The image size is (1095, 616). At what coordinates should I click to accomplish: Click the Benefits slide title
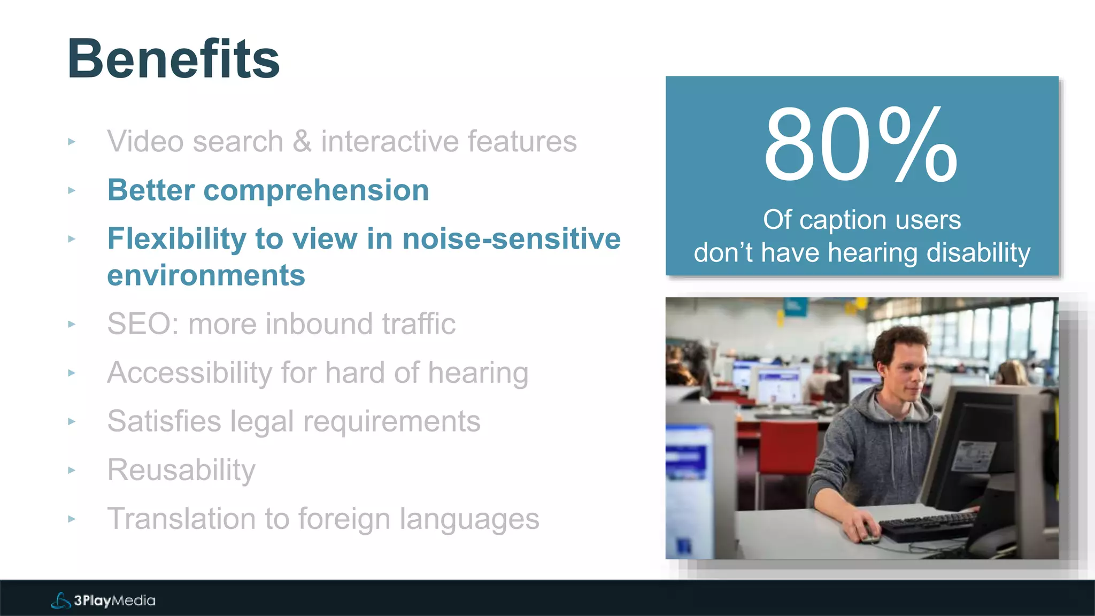pyautogui.click(x=173, y=59)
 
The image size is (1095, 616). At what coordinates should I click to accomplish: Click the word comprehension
pyautogui.click(x=316, y=190)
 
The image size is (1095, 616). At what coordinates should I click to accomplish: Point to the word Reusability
pyautogui.click(x=181, y=471)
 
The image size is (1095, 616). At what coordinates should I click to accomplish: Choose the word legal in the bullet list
pyautogui.click(x=262, y=422)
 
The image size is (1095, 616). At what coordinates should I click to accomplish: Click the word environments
pyautogui.click(x=206, y=276)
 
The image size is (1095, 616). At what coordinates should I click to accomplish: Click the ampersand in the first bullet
pyautogui.click(x=302, y=142)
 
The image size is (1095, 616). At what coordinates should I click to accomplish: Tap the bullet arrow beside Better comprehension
pyautogui.click(x=72, y=190)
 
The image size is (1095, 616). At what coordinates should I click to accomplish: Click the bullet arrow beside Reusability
pyautogui.click(x=72, y=471)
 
